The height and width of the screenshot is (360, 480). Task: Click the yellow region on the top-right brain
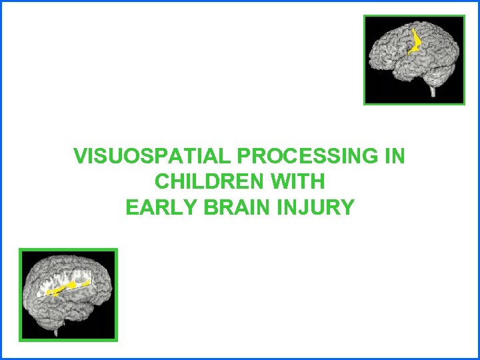pyautogui.click(x=416, y=42)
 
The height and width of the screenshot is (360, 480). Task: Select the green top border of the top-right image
pyautogui.click(x=414, y=17)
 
